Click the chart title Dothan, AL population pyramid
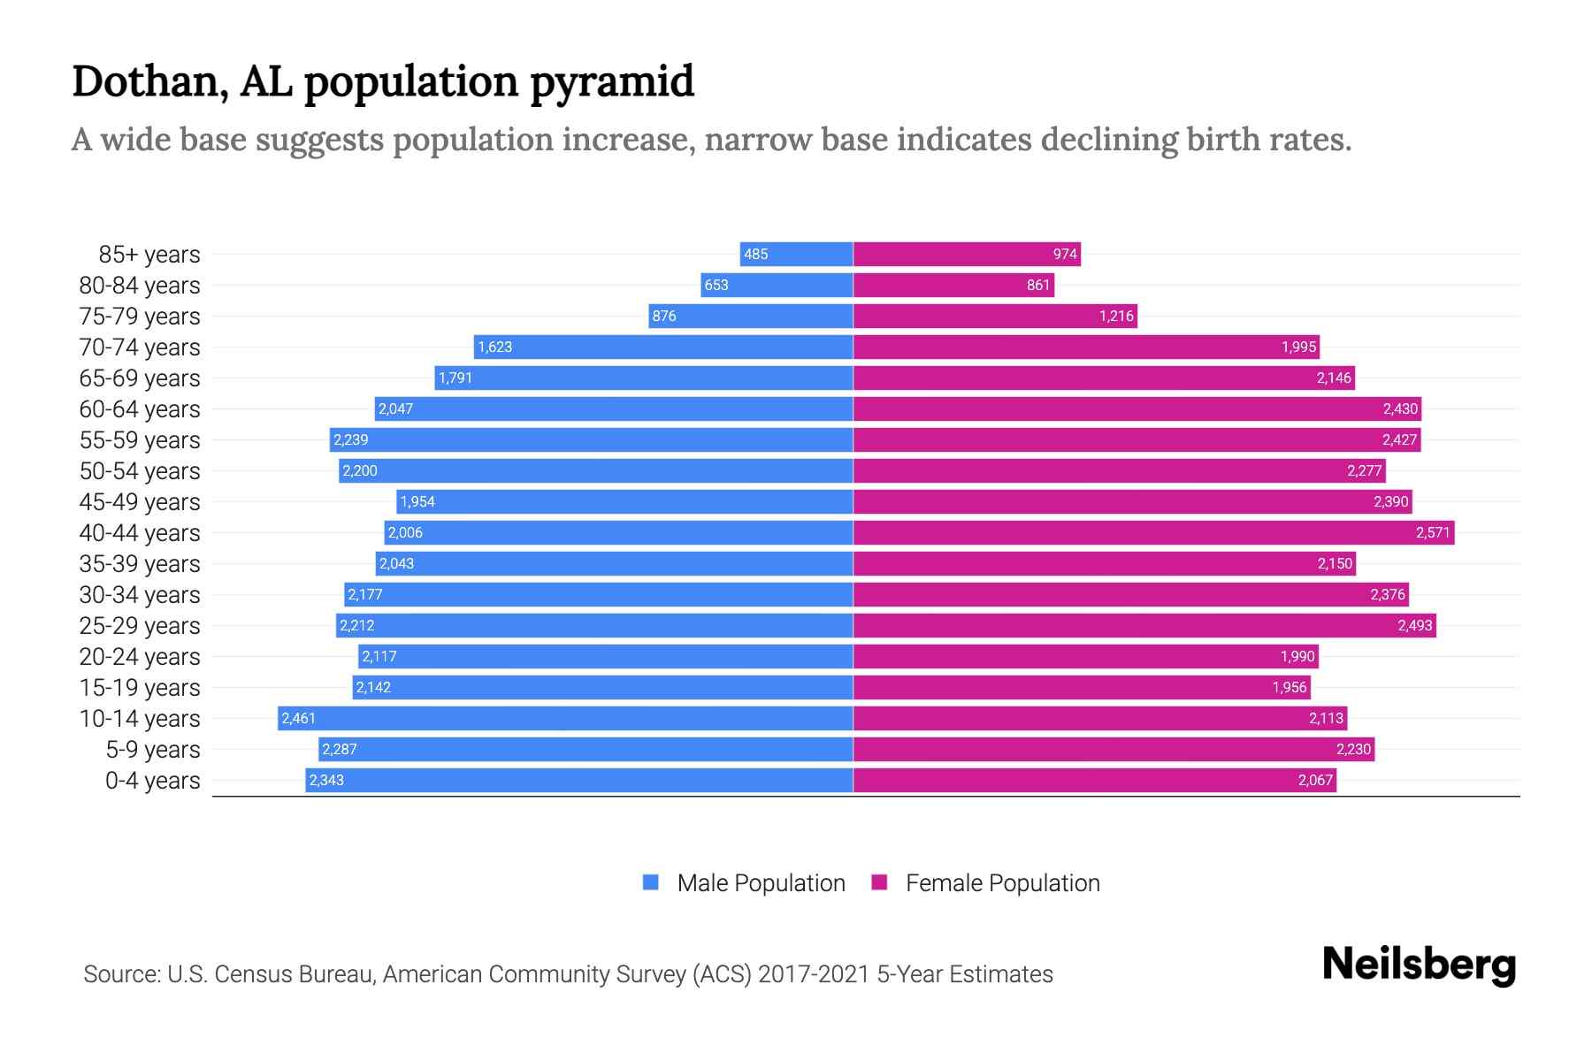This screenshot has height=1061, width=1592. click(x=382, y=81)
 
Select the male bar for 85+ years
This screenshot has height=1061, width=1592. click(x=796, y=254)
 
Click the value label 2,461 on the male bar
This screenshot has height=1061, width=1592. click(x=298, y=718)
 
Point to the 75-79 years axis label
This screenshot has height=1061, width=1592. click(x=140, y=317)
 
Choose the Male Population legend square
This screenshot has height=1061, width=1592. click(x=651, y=882)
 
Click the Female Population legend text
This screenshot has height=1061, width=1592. click(x=1002, y=883)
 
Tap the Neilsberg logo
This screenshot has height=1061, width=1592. click(x=1419, y=965)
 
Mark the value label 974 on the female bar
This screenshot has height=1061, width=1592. click(x=1065, y=255)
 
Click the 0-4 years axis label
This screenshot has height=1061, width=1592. click(x=152, y=781)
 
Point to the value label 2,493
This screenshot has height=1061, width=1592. click(x=1414, y=626)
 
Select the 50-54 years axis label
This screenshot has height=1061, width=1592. click(x=140, y=471)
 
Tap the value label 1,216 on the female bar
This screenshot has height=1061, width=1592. click(x=1116, y=317)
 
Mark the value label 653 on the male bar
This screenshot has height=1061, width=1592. click(x=716, y=286)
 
